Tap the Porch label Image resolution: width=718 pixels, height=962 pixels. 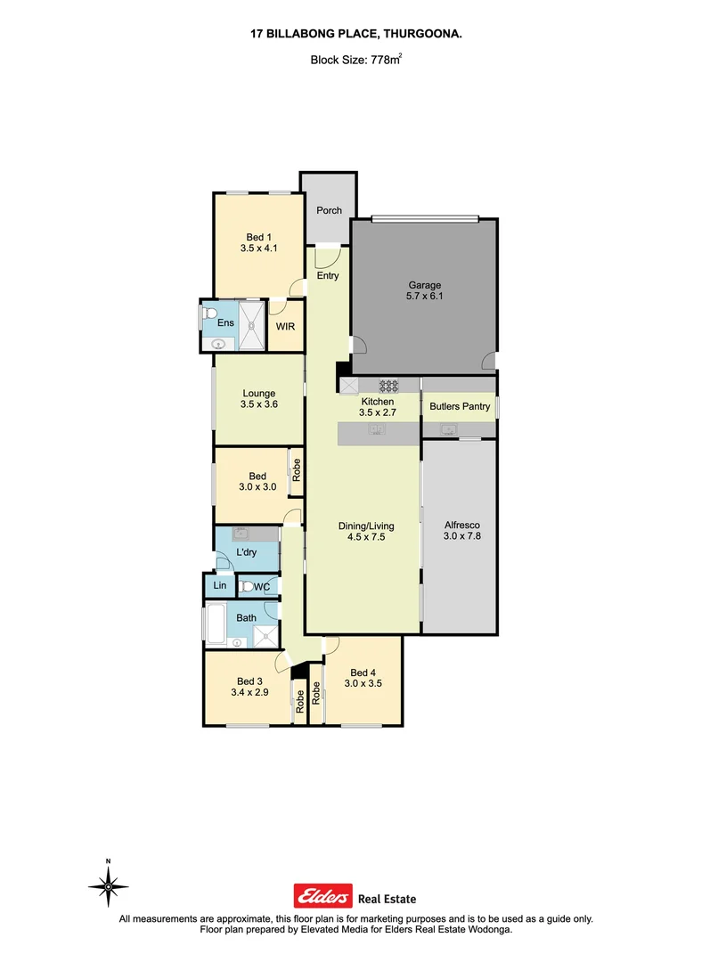(x=329, y=211)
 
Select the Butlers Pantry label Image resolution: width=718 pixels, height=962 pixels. (x=459, y=407)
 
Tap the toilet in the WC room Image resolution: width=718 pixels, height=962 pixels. (x=247, y=586)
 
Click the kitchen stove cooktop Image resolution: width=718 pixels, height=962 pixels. (x=388, y=386)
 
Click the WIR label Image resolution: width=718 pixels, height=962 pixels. (x=285, y=327)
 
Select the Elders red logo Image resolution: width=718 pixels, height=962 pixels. (x=322, y=898)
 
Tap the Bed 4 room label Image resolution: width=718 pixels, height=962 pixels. (x=362, y=673)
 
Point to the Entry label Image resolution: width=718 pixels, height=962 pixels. (x=328, y=276)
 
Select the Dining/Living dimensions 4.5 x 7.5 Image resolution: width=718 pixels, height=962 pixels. (x=365, y=538)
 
